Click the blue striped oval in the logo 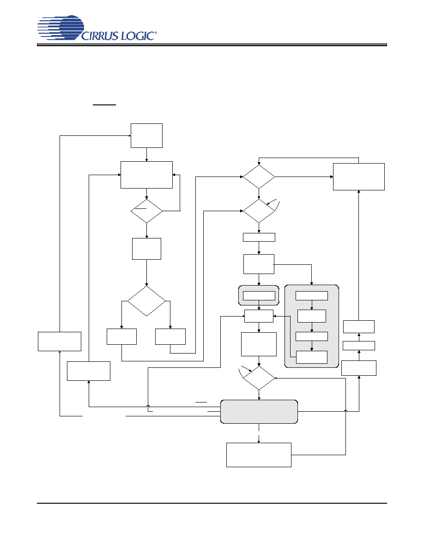(x=61, y=27)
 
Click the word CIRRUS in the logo (x=100, y=36)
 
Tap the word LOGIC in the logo (x=138, y=36)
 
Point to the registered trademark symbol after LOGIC (x=156, y=32)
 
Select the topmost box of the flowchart (x=146, y=135)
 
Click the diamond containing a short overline (x=146, y=211)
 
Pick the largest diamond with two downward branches (x=146, y=301)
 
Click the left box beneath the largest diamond (x=121, y=336)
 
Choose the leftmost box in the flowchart (x=60, y=342)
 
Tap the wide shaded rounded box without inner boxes (x=259, y=412)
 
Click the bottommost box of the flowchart (x=259, y=455)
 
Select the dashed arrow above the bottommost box (x=259, y=433)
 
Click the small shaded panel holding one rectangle (x=259, y=295)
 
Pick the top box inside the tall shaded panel (x=312, y=295)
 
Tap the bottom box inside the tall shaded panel (x=312, y=357)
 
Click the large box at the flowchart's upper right (x=359, y=177)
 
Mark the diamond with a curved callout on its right (x=259, y=211)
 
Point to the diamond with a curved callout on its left (x=259, y=378)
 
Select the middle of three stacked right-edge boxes (x=359, y=346)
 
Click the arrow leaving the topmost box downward (x=146, y=154)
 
